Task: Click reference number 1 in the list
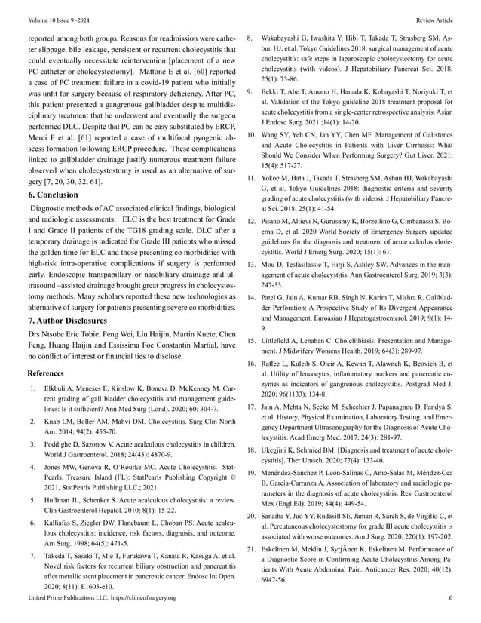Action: (x=31, y=390)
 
